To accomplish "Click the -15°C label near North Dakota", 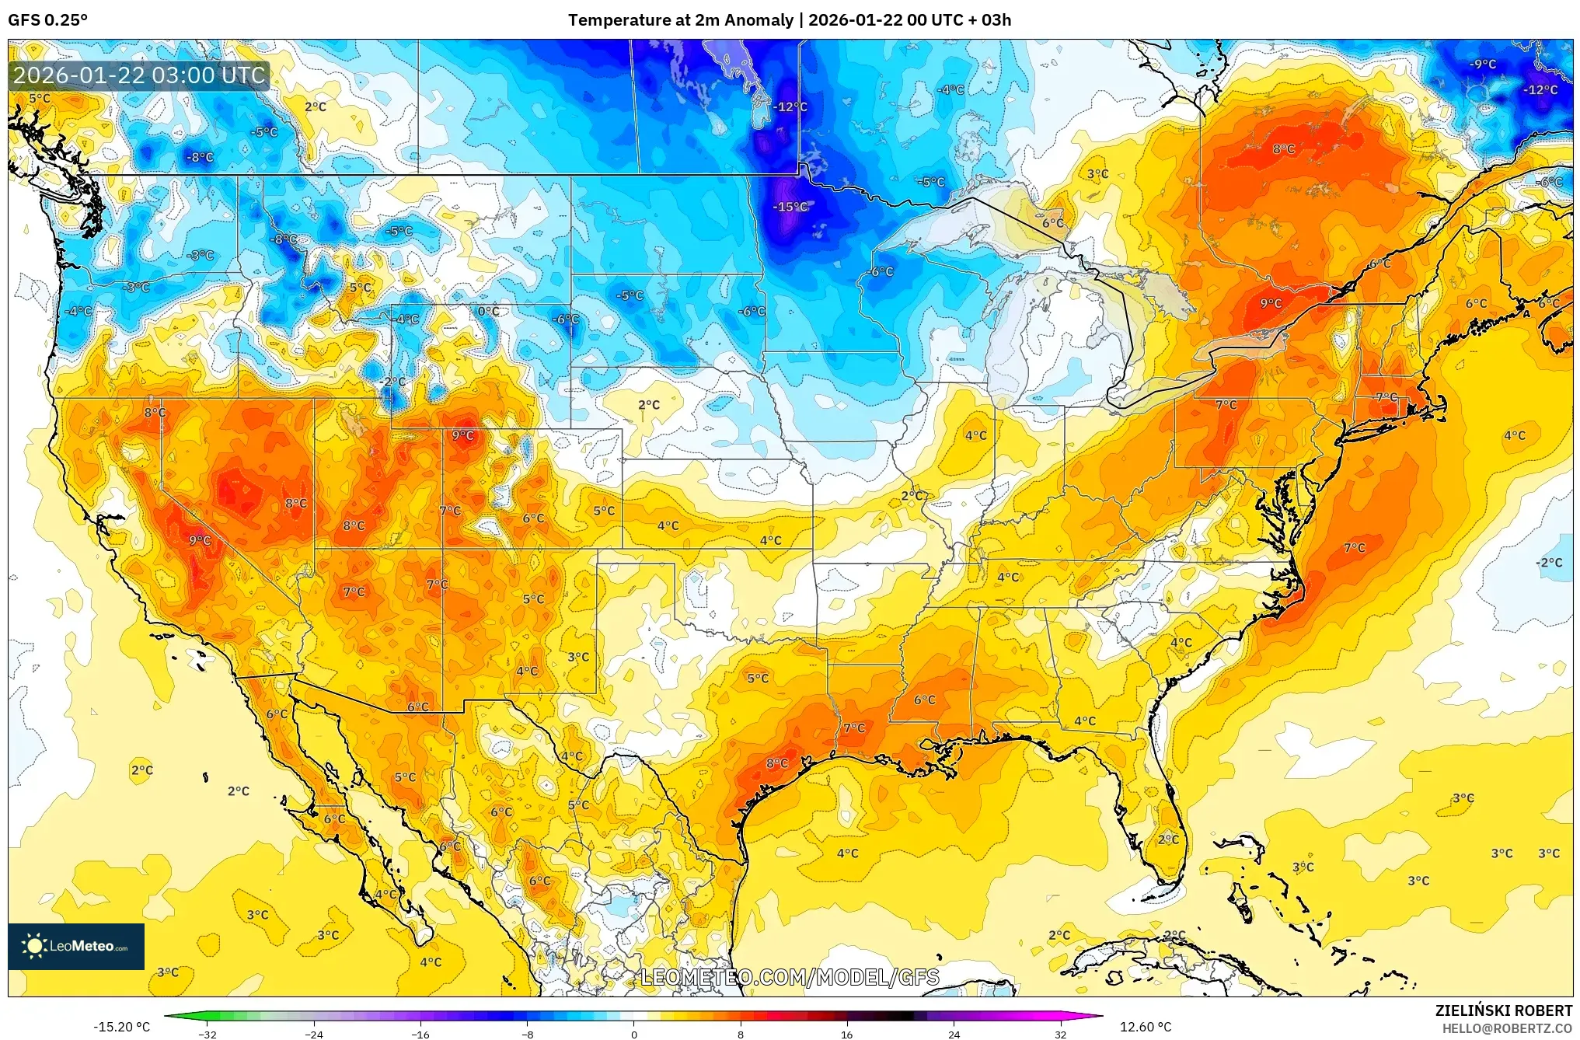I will point(790,207).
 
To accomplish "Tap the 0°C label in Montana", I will point(488,312).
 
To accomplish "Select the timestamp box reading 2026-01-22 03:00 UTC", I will point(139,75).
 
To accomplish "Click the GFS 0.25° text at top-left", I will point(47,20).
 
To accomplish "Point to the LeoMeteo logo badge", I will point(76,946).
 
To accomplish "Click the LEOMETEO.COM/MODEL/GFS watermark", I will point(790,977).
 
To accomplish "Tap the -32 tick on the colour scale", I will point(207,1034).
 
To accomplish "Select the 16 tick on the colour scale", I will point(846,1034).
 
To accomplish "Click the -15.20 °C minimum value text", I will point(121,1027).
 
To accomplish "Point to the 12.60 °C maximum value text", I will point(1145,1027).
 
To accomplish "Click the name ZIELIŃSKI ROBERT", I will point(1503,1010).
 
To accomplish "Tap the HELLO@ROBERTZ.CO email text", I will point(1507,1028).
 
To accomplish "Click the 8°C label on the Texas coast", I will point(776,763).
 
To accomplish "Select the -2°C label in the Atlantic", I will point(1548,563).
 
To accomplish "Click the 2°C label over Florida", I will point(1167,839).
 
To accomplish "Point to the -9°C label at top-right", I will point(1482,65).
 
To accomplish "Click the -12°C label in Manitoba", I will point(790,107).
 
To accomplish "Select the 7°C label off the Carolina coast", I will point(1354,548).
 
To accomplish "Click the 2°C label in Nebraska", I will point(648,405).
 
